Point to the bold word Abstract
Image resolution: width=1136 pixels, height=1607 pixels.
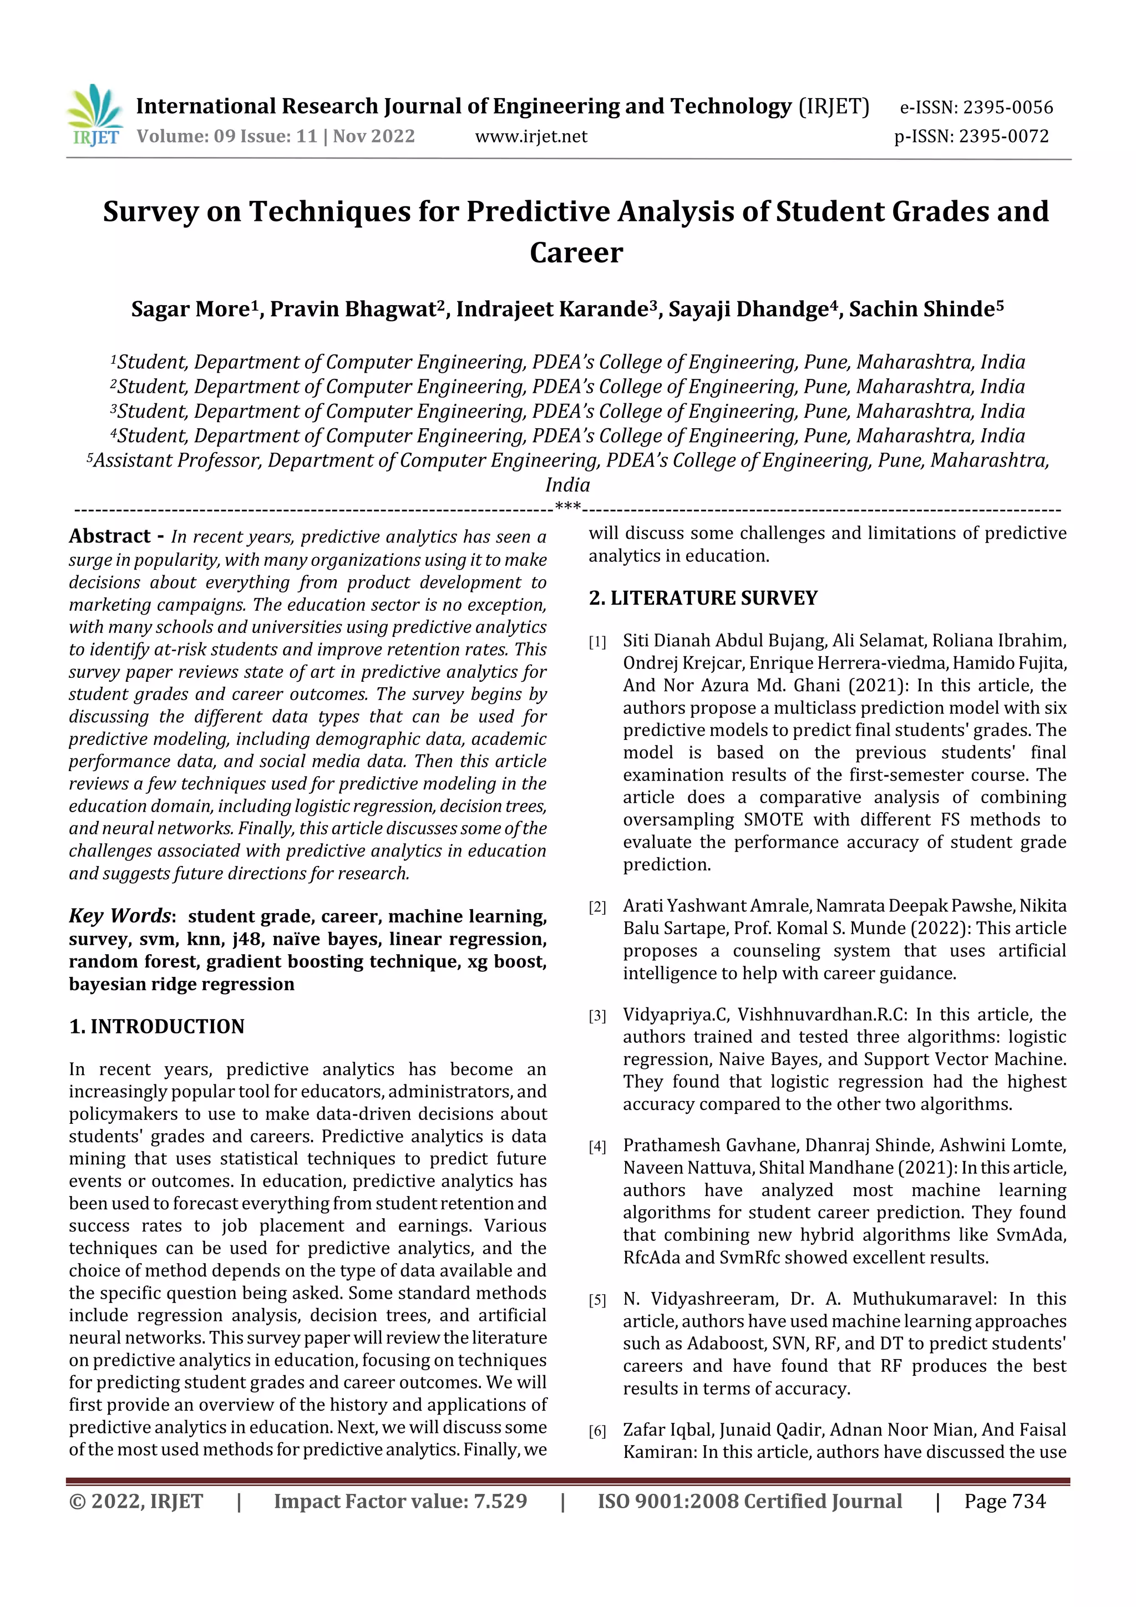pyautogui.click(x=110, y=536)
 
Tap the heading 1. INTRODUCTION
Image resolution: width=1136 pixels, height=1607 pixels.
pyautogui.click(x=157, y=1026)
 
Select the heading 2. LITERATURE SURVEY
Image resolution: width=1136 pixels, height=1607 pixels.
pyautogui.click(x=703, y=598)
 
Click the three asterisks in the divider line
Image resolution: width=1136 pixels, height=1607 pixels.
pyautogui.click(x=567, y=507)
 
